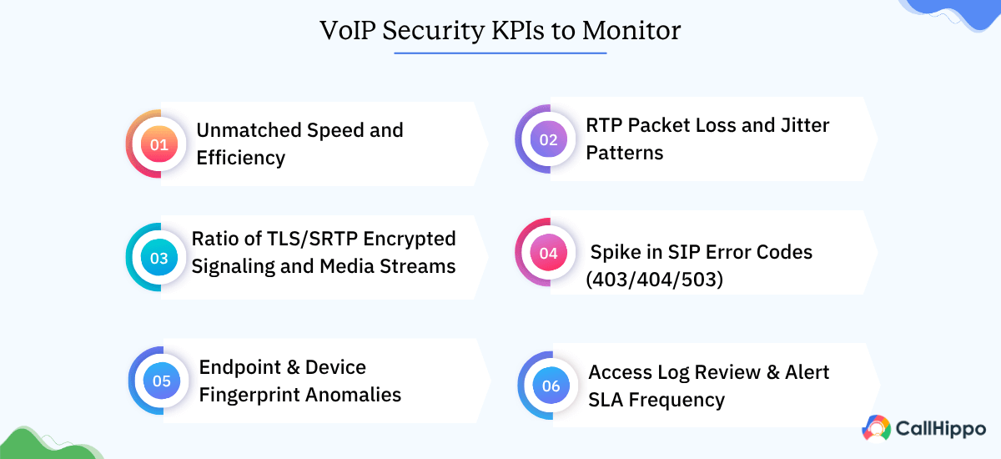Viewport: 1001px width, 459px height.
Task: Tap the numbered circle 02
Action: click(548, 139)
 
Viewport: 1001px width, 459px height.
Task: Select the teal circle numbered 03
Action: click(158, 258)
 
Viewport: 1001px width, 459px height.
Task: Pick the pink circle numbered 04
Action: click(548, 252)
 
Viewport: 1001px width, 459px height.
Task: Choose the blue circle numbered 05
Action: click(162, 381)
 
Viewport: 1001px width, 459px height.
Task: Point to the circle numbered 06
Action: click(551, 386)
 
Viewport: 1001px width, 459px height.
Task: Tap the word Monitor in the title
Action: click(631, 31)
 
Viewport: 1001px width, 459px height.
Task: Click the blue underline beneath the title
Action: click(500, 53)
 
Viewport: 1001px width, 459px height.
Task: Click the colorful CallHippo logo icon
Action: click(876, 428)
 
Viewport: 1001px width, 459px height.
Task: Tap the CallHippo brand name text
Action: click(939, 429)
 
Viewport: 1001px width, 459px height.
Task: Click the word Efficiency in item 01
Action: click(241, 158)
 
